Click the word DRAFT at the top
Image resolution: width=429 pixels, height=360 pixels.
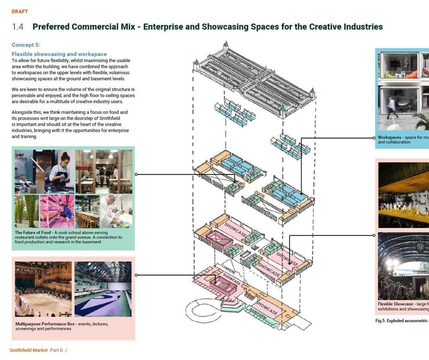[x=20, y=12]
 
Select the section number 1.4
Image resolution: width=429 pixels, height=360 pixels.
[x=18, y=27]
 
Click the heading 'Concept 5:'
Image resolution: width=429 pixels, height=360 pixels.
[x=26, y=45]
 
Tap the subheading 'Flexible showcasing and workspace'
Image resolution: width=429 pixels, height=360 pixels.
[x=59, y=54]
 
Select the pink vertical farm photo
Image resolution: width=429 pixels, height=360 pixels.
[x=56, y=211]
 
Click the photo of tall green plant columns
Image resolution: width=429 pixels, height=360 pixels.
[x=27, y=211]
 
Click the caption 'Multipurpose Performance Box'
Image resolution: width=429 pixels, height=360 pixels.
[x=54, y=324]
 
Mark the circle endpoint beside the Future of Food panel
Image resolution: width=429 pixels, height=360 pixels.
[x=137, y=174]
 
